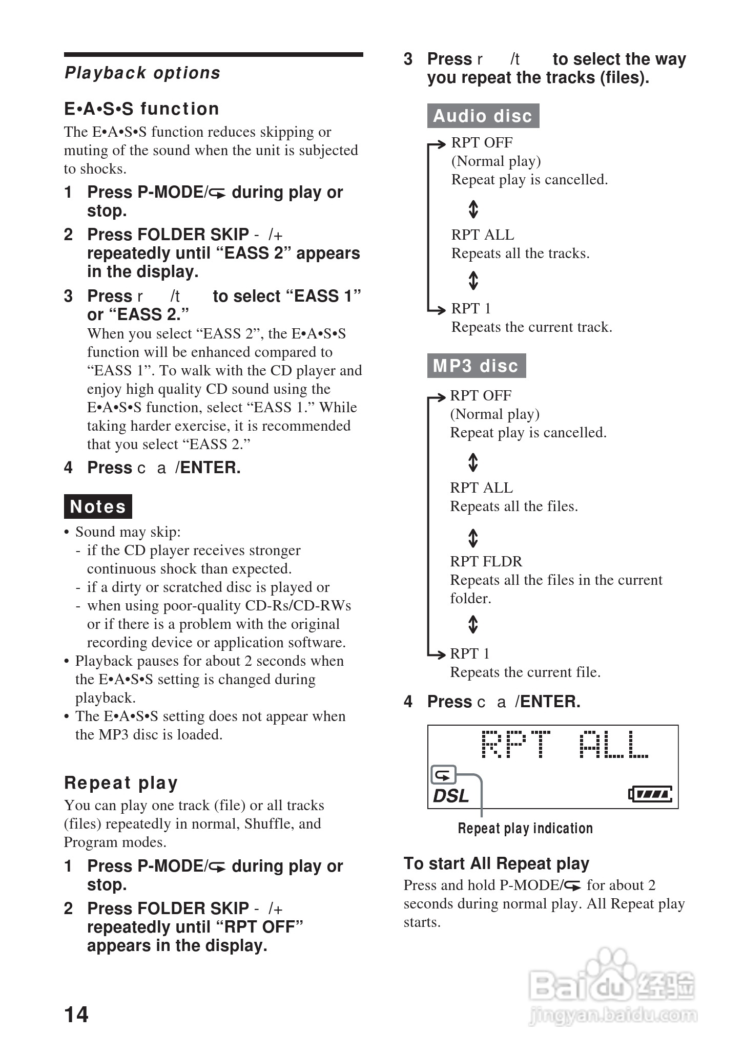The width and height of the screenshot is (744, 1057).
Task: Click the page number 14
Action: [76, 1014]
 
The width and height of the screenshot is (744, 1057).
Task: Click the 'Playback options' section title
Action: [142, 73]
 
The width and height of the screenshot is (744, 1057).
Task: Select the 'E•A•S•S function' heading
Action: [141, 109]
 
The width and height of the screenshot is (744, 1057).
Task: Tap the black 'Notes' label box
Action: [98, 506]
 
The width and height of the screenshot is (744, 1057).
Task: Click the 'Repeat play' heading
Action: [121, 783]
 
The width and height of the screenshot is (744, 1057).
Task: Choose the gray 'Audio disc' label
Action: [483, 116]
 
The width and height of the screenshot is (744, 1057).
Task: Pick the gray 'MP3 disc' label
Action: [476, 366]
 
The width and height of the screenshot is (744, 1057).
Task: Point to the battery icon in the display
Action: [650, 794]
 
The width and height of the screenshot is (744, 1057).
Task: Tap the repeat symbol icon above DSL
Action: [443, 775]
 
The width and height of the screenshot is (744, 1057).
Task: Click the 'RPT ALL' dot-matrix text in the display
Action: [565, 745]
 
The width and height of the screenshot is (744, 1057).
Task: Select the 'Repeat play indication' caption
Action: [525, 829]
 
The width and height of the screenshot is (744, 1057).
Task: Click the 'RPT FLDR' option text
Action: [486, 562]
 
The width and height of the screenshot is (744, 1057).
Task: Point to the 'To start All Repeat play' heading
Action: [496, 864]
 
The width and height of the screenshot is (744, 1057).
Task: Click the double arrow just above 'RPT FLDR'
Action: [473, 538]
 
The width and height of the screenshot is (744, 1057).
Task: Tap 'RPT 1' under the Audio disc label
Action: [471, 309]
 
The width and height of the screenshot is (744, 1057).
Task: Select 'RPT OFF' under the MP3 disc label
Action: [481, 396]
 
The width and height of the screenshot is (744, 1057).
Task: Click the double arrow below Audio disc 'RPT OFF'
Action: [473, 209]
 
